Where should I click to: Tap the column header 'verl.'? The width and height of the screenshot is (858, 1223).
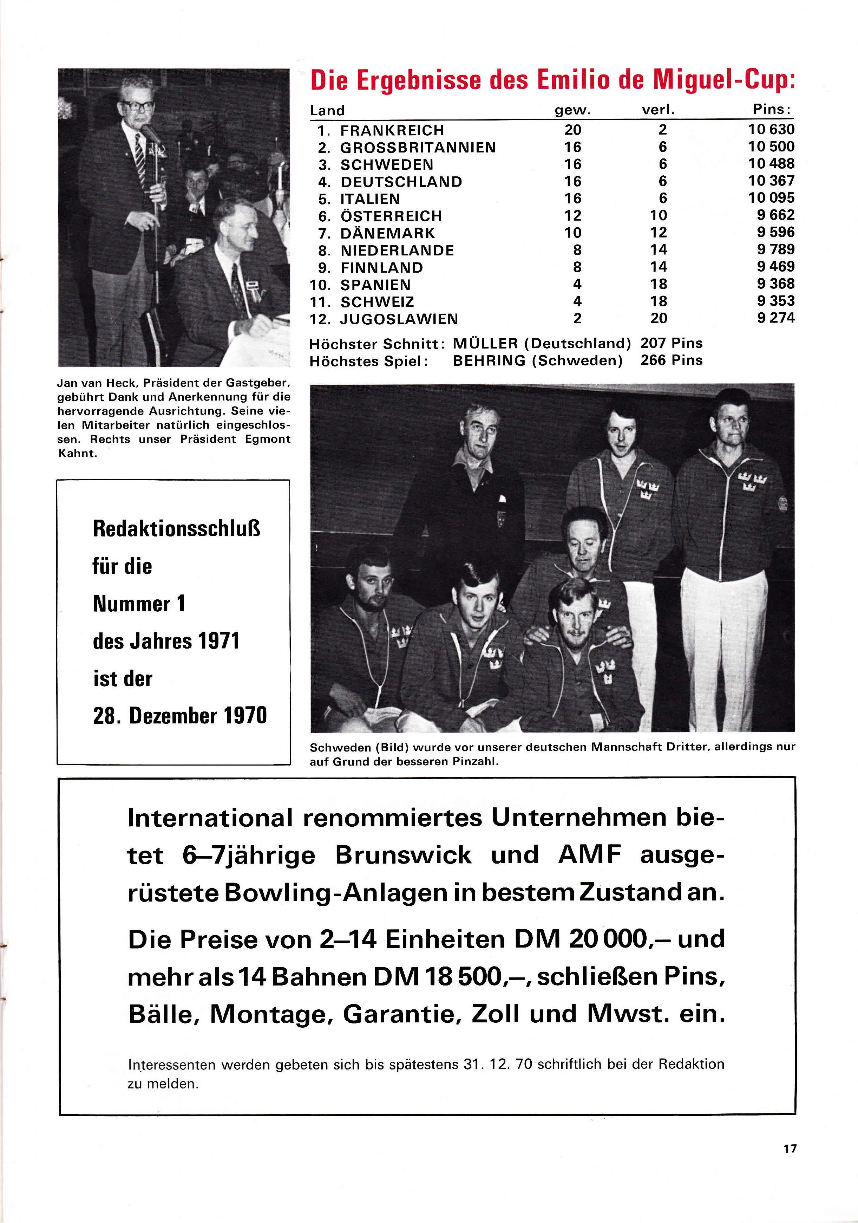click(x=658, y=110)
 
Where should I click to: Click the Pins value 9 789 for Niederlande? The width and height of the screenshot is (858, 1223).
click(x=775, y=249)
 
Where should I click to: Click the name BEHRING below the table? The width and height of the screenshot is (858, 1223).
click(x=489, y=360)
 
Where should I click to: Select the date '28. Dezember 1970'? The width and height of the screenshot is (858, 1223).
click(x=179, y=715)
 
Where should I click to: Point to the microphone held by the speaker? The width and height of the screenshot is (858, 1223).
click(x=151, y=133)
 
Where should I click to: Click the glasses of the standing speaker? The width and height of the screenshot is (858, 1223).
click(x=137, y=105)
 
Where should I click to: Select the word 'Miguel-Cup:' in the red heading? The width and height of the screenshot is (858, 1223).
click(x=724, y=80)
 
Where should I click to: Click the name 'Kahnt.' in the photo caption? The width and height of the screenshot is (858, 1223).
click(x=77, y=454)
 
